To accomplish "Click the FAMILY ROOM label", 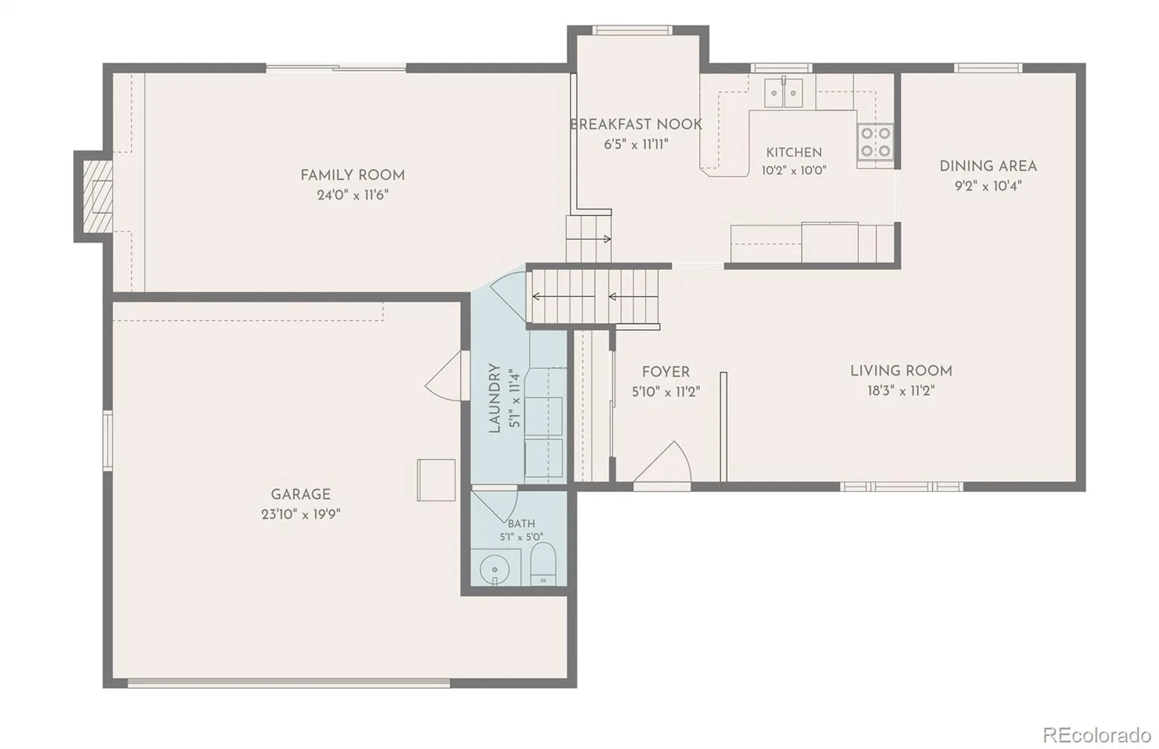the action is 352,175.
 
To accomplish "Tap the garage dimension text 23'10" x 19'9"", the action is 301,515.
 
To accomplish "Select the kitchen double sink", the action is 784,93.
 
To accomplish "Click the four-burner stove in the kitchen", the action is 875,142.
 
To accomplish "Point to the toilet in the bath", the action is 543,564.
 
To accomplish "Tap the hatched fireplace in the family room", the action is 98,196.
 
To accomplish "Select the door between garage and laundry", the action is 444,375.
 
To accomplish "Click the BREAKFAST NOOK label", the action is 636,125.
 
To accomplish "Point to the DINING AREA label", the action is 988,167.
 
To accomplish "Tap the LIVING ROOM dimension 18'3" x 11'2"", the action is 901,390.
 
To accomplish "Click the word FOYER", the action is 666,372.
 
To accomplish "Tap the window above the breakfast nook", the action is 632,30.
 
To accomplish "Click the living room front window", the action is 901,486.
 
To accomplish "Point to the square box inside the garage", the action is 436,480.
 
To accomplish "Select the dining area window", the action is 988,68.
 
